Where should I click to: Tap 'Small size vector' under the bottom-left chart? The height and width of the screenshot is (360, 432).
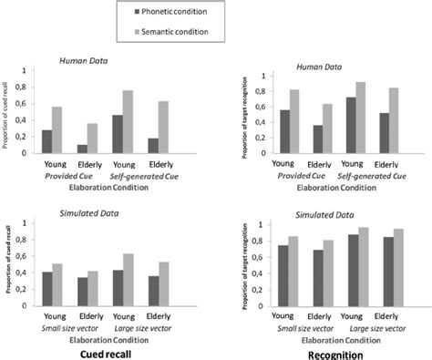[70, 327]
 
